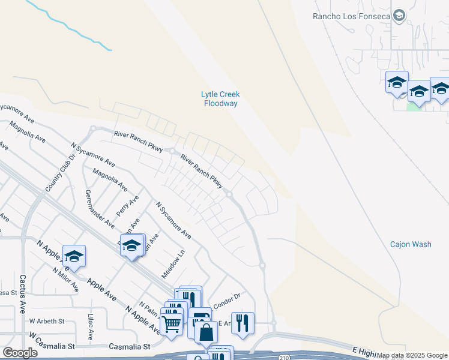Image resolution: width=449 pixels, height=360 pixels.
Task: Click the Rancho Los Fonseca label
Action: [352, 16]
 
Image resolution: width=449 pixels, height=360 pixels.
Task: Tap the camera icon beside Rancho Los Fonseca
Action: [400, 16]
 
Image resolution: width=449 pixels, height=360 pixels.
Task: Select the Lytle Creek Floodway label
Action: [220, 98]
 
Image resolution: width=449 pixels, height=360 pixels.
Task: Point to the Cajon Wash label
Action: [411, 244]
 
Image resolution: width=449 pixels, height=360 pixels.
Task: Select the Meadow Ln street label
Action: [171, 264]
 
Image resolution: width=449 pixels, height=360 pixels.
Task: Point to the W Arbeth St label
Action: [47, 321]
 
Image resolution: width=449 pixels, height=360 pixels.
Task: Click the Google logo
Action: [20, 353]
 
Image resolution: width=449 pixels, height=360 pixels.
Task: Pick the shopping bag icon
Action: [205, 331]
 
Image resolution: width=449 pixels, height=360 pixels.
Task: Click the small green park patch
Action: [414, 106]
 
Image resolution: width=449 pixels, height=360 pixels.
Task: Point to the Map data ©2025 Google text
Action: [412, 355]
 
